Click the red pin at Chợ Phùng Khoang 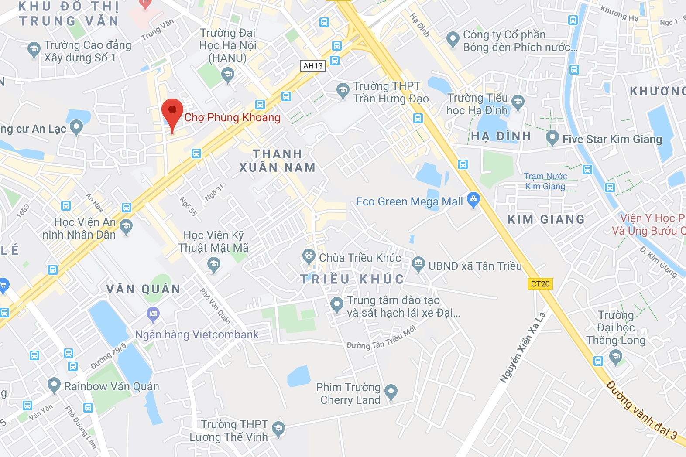(172, 111)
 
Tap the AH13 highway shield (313, 66)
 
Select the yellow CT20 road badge (540, 284)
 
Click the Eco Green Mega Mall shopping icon (473, 200)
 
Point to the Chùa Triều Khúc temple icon (309, 256)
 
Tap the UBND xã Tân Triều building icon (418, 263)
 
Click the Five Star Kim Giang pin (552, 138)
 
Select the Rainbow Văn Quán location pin (54, 385)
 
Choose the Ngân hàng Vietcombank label (197, 334)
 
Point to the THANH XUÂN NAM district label (277, 160)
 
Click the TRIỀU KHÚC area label (352, 279)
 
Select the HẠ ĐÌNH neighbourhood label (501, 136)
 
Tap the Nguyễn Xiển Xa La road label (523, 348)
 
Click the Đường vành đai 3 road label (642, 410)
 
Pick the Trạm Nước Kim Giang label (545, 181)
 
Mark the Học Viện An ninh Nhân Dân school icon (126, 226)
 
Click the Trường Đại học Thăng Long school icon (616, 358)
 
